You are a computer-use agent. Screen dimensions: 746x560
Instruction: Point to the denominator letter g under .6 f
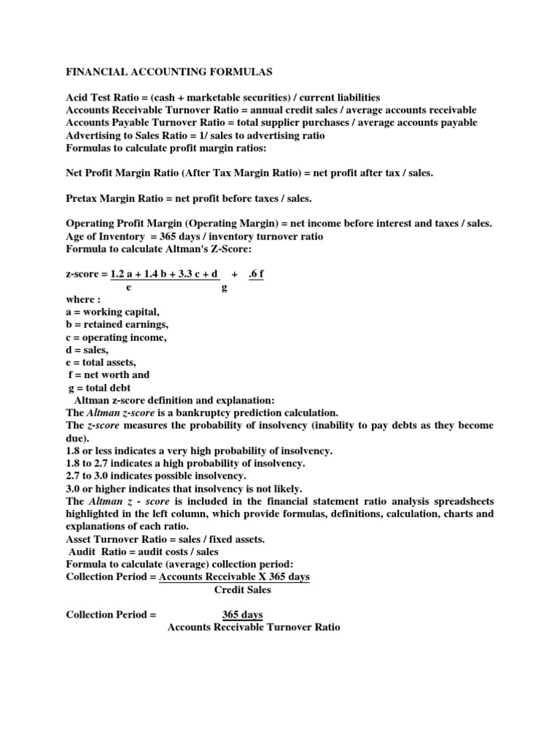tap(224, 287)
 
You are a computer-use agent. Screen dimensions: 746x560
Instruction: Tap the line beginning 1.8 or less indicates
tap(199, 451)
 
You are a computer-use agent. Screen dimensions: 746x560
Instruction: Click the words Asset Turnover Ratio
tap(118, 538)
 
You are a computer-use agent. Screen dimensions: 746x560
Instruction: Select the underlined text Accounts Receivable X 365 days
tap(234, 576)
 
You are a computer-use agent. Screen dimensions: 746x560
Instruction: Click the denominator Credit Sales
tap(242, 589)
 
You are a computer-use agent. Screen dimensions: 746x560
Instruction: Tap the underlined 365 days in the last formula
tap(243, 614)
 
